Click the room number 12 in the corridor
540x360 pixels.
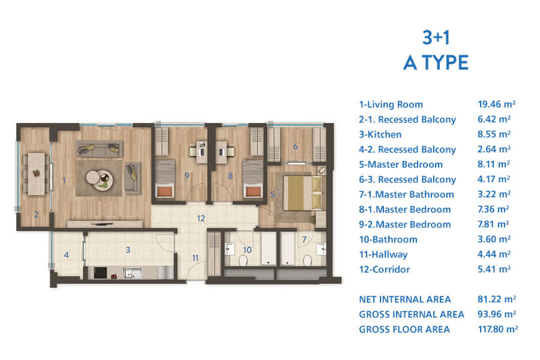pyautogui.click(x=201, y=218)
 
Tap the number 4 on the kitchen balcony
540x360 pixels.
pyautogui.click(x=67, y=255)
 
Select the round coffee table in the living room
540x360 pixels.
pyautogui.click(x=99, y=178)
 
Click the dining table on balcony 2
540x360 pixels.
pyautogui.click(x=36, y=173)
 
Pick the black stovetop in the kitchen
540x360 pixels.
pyautogui.click(x=100, y=273)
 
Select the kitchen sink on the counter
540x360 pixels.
pyautogui.click(x=132, y=273)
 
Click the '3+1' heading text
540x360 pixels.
pyautogui.click(x=436, y=38)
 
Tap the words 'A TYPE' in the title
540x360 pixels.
pyautogui.click(x=436, y=62)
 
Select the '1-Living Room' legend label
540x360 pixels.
pyautogui.click(x=391, y=104)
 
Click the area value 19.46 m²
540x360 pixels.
pyautogui.click(x=496, y=104)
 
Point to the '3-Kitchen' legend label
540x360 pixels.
pyautogui.click(x=380, y=134)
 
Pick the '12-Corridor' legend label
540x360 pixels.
pyautogui.click(x=385, y=269)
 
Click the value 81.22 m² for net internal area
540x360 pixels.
pyautogui.click(x=497, y=299)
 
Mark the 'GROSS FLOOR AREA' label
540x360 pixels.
pyautogui.click(x=404, y=329)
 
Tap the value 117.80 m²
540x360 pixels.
pyautogui.click(x=497, y=329)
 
